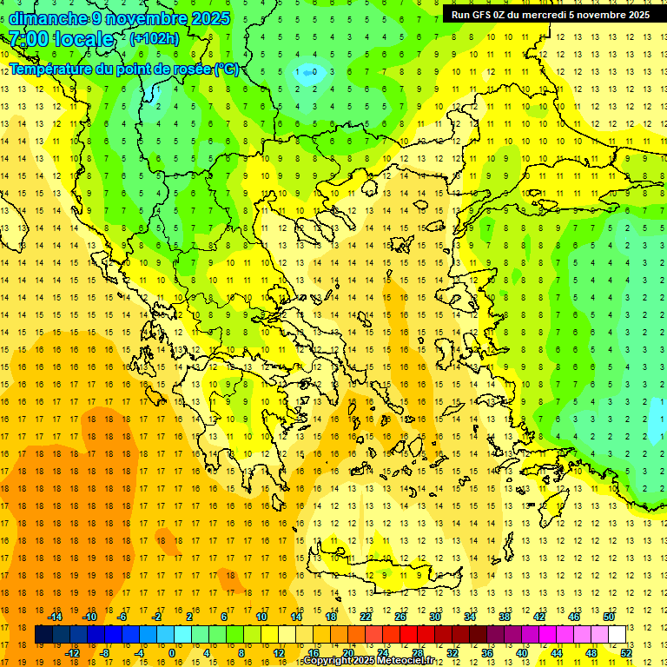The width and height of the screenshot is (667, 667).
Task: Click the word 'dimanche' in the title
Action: pyautogui.click(x=49, y=18)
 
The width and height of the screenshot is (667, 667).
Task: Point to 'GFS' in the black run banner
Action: pyautogui.click(x=482, y=15)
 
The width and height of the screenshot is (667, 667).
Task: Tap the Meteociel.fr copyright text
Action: pyautogui.click(x=374, y=661)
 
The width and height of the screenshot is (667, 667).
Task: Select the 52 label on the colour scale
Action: pyautogui.click(x=626, y=653)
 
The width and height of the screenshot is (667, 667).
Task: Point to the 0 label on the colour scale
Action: pyautogui.click(x=172, y=653)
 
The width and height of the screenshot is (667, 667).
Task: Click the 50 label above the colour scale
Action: pyautogui.click(x=608, y=617)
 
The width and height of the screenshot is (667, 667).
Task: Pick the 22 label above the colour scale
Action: pyautogui.click(x=366, y=617)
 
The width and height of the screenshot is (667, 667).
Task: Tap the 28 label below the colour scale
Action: pyautogui.click(x=418, y=653)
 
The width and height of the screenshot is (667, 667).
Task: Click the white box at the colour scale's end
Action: pyautogui.click(x=617, y=635)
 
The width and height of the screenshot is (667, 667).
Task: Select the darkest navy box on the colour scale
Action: pyautogui.click(x=43, y=635)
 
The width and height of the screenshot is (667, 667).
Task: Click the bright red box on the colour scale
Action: pyautogui.click(x=408, y=635)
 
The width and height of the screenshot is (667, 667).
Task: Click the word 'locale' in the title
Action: pyautogui.click(x=83, y=39)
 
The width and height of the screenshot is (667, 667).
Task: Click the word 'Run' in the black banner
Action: pyautogui.click(x=459, y=15)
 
